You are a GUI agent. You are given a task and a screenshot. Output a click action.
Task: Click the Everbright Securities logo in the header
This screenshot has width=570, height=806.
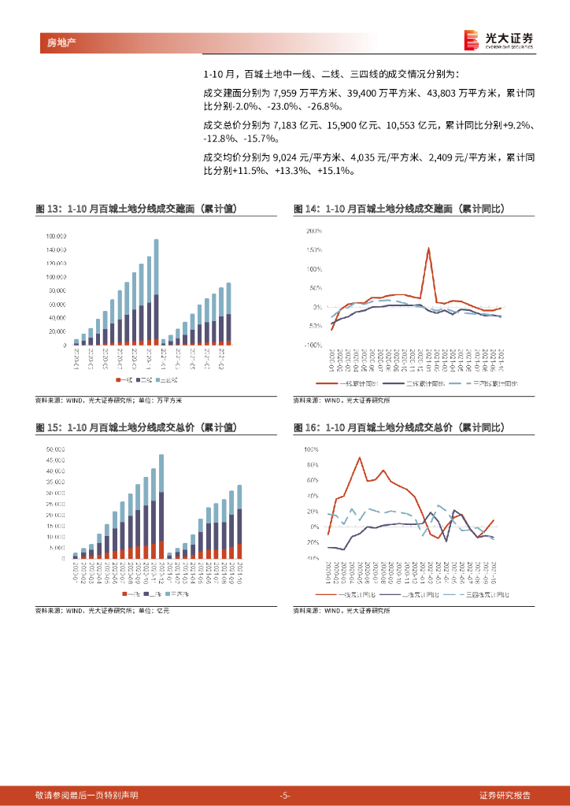pos(498,39)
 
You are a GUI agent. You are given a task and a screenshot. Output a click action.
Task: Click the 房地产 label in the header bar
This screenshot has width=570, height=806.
pos(52,43)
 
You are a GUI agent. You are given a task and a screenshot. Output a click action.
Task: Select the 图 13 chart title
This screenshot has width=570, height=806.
pos(135,209)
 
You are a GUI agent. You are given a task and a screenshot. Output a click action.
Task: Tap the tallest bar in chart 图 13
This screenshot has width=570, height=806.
pos(156,291)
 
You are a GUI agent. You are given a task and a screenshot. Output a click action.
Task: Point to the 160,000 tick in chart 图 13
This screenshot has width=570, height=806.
pos(56,236)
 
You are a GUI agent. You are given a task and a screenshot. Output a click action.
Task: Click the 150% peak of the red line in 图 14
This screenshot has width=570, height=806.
pos(428,249)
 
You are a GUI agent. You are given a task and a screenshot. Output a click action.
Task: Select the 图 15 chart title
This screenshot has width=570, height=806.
pos(135,427)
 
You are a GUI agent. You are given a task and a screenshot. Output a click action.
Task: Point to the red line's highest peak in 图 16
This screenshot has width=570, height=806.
pos(360,457)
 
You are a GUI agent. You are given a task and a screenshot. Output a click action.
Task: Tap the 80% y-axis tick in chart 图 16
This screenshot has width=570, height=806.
pos(313,465)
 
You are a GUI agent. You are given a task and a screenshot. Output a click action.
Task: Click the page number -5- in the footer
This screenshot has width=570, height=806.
pos(285,795)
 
